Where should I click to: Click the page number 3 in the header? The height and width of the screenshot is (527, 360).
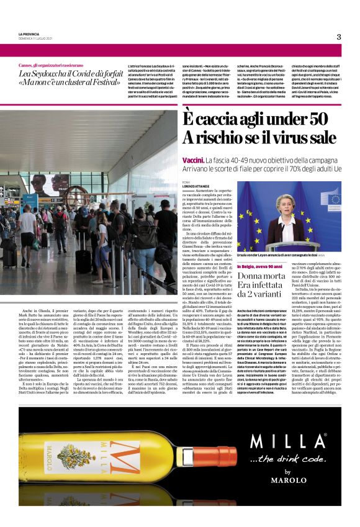339,37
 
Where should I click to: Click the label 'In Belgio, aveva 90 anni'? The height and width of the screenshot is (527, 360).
261,266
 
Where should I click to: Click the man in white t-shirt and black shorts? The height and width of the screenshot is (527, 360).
29,227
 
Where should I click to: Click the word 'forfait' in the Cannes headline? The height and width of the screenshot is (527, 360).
94,75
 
